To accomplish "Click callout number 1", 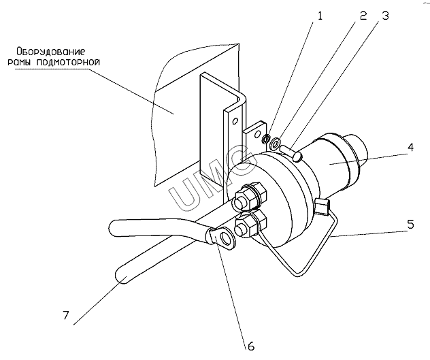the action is tap(320, 16).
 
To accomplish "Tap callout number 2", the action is tap(363, 16).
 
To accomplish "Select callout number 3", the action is tap(385, 16).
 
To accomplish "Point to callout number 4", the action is tap(410, 148).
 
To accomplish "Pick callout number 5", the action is tap(410, 224).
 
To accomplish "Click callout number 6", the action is tap(251, 346).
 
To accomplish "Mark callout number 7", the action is tap(65, 315).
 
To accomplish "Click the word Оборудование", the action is tap(51, 51).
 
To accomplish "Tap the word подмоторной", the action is tap(68, 63).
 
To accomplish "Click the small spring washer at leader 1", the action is tap(266, 139).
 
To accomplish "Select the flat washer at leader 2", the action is tap(274, 143).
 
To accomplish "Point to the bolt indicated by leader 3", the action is tap(291, 153).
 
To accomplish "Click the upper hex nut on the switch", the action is tap(250, 197).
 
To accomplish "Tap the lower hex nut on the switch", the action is tap(250, 224).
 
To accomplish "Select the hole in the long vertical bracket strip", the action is tap(235, 121).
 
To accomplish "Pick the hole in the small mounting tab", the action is tap(257, 134).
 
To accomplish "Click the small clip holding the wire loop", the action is tap(321, 206).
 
